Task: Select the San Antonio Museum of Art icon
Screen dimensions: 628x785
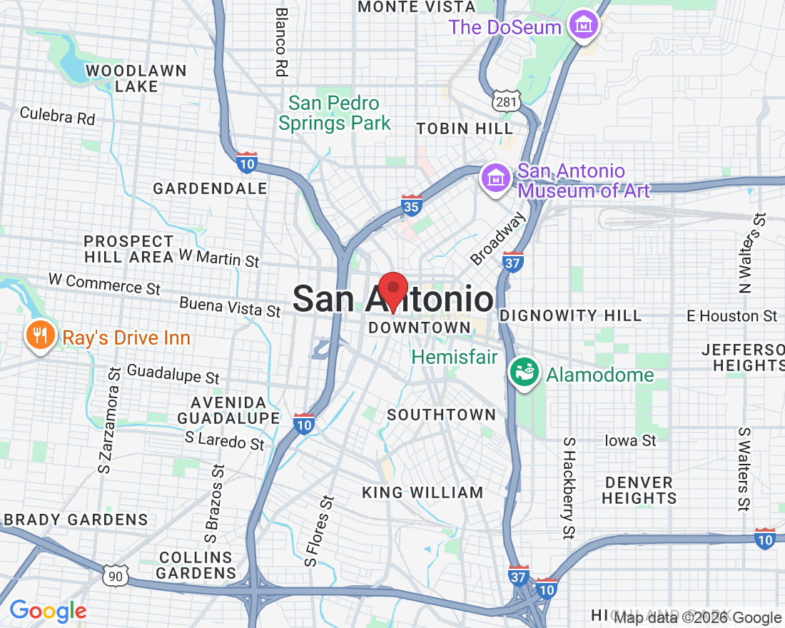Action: click(x=495, y=177)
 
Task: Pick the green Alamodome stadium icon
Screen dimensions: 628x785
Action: click(x=524, y=373)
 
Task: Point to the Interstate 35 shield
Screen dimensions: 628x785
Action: click(x=411, y=205)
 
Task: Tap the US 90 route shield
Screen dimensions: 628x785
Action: click(x=114, y=576)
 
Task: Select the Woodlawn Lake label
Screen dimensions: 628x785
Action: click(x=136, y=78)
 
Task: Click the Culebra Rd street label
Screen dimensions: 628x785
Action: click(x=57, y=116)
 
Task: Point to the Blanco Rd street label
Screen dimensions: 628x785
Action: click(x=281, y=42)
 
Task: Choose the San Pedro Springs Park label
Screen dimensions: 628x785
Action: click(x=335, y=113)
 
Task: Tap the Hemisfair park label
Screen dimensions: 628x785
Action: click(x=455, y=356)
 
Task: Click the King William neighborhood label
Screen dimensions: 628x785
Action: click(x=422, y=492)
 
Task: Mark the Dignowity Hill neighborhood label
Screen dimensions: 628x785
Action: click(x=571, y=315)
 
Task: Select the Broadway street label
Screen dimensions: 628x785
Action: click(x=497, y=238)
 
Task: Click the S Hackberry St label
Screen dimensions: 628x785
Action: click(x=569, y=487)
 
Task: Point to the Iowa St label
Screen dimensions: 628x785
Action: click(x=630, y=440)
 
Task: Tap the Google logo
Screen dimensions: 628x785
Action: click(x=48, y=611)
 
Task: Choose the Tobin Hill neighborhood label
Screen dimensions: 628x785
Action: click(x=465, y=128)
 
